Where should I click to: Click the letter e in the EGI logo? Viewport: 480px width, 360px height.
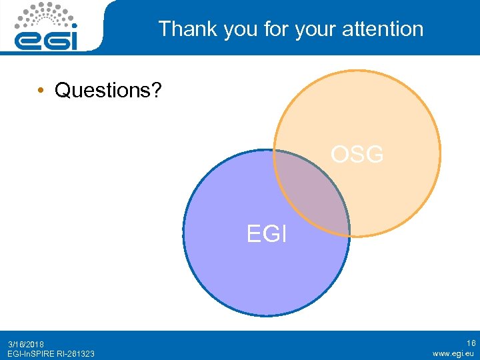(x=28, y=41)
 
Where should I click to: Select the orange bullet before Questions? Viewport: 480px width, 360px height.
(x=41, y=90)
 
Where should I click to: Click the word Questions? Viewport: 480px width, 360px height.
(x=103, y=90)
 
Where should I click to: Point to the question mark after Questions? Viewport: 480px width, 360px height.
(x=157, y=90)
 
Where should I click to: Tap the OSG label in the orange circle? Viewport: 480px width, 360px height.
(x=357, y=155)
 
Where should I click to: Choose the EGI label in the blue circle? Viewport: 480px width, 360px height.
(x=266, y=234)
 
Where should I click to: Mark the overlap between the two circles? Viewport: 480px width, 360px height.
(x=312, y=193)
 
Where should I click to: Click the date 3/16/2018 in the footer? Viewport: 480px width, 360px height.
(x=26, y=344)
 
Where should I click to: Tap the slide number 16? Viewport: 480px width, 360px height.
(x=471, y=343)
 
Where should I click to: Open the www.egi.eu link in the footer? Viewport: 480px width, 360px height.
(x=454, y=353)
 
